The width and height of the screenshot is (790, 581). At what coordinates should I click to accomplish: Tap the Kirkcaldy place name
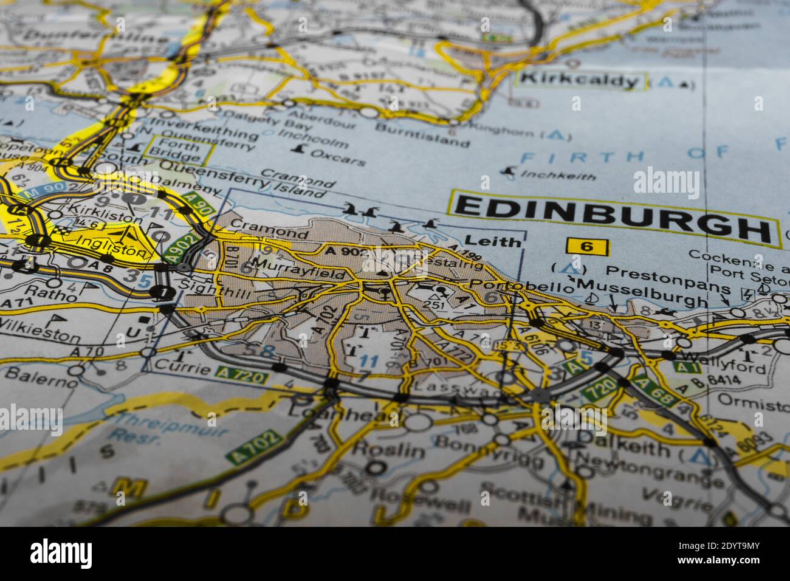580,80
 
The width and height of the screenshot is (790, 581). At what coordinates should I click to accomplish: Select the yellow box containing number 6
587,246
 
